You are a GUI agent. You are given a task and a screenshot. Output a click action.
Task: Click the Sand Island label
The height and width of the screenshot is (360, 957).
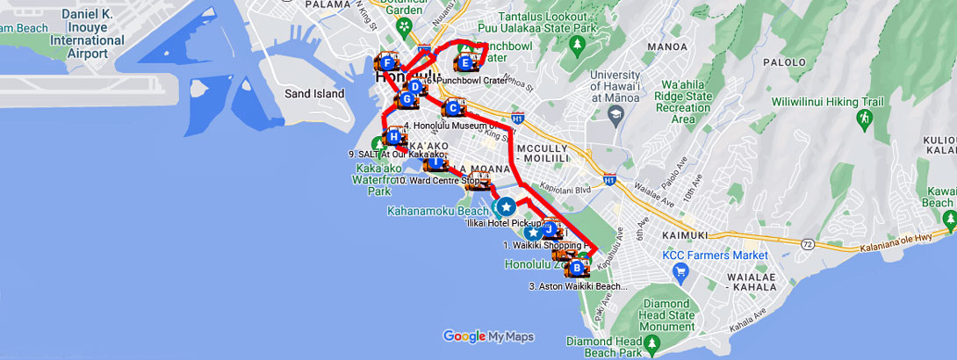pos(314,93)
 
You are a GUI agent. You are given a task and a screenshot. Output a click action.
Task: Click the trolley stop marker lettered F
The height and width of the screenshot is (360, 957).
pos(387,62)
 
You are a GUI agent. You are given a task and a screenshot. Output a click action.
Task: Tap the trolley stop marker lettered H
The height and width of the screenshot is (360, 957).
pos(394,136)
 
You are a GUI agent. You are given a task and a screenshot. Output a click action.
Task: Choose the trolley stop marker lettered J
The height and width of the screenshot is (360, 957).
pos(550,230)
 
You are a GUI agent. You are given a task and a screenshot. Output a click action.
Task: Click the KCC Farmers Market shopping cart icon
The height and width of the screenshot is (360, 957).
pos(680,271)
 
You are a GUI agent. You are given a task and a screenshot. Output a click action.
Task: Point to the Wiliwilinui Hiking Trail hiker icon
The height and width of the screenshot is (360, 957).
pos(864,118)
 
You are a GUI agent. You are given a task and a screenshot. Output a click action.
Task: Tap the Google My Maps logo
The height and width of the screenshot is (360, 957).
pos(488,336)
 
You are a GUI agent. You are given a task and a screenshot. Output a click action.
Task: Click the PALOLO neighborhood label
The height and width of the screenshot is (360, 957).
pos(785,62)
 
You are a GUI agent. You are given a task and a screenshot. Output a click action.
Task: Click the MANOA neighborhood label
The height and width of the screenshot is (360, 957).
pos(665,46)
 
